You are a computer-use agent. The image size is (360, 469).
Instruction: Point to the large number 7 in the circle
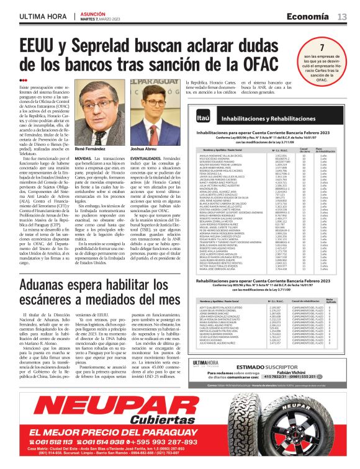pos(321,48)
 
